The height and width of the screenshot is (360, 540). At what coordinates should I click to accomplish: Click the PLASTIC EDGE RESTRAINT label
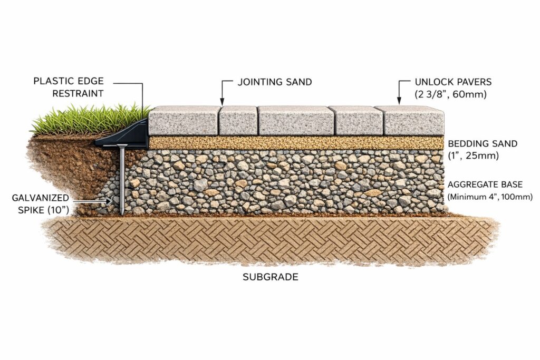[x=68, y=87]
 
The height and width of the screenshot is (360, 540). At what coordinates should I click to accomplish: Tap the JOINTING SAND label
[x=274, y=82]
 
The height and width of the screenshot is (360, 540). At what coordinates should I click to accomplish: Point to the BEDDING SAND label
[x=483, y=143]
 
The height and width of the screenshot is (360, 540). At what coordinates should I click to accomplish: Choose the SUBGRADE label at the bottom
[x=270, y=277]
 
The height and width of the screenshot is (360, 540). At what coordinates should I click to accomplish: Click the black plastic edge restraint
[x=127, y=136]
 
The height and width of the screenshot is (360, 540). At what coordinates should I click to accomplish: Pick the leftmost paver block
[x=183, y=122]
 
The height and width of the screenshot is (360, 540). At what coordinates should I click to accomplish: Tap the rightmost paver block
[x=413, y=122]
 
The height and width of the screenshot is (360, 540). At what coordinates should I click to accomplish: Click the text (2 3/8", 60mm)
[x=449, y=95]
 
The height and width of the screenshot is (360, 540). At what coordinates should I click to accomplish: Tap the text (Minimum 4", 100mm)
[x=490, y=197]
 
